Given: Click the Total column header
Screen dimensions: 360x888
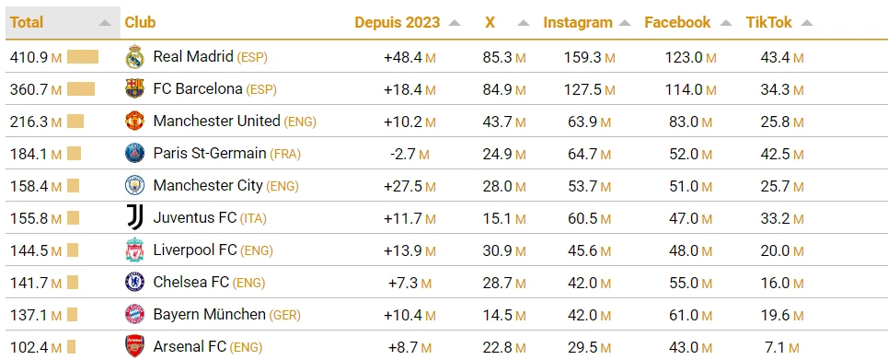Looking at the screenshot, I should pyautogui.click(x=27, y=22).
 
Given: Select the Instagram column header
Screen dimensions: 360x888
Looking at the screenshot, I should pyautogui.click(x=577, y=22).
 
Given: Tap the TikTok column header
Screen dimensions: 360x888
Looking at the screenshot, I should pyautogui.click(x=768, y=22).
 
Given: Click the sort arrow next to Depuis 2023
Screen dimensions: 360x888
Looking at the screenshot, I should pyautogui.click(x=455, y=23).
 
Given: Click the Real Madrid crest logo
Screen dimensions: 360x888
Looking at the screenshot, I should pyautogui.click(x=135, y=57).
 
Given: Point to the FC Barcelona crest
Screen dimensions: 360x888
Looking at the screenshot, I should pyautogui.click(x=135, y=89).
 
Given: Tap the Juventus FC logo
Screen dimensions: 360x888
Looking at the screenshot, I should pyautogui.click(x=135, y=218).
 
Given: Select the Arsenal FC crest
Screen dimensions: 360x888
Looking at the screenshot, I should pyautogui.click(x=135, y=347).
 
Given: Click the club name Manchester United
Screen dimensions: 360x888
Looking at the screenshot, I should pyautogui.click(x=216, y=122).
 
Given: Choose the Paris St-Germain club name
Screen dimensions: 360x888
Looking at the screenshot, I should pyautogui.click(x=210, y=154).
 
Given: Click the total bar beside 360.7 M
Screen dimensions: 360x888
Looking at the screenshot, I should pyautogui.click(x=81, y=89).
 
